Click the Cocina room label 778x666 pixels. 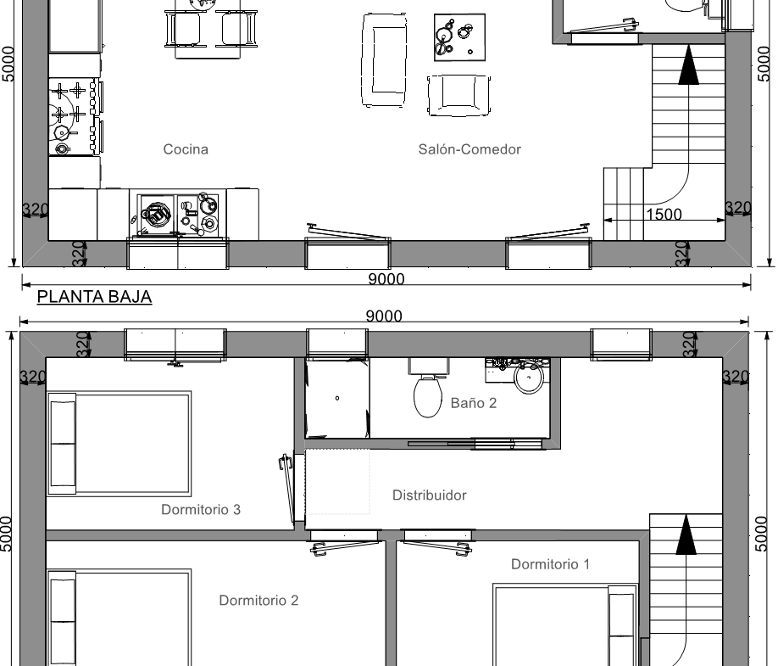coord(186,149)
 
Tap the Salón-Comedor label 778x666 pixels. coord(470,149)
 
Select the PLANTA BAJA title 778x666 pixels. coord(94,296)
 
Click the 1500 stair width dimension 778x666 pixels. coord(664,214)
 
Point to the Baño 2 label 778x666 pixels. coord(474,403)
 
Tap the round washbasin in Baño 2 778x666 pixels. coord(529,378)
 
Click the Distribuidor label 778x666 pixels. coord(429,495)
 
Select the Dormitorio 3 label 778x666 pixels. coord(201,510)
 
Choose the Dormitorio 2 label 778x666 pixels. coord(258,601)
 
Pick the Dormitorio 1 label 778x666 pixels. coord(550,564)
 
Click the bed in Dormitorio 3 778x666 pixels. coord(119,444)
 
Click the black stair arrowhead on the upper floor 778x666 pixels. coord(686,534)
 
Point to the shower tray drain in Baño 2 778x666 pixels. coord(337,398)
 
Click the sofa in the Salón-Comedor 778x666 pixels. coord(385,59)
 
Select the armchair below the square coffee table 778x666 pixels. coord(459,95)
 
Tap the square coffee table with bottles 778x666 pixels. coord(459,37)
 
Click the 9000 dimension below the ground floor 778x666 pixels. coord(386,279)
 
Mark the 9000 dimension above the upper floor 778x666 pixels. coord(384,316)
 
